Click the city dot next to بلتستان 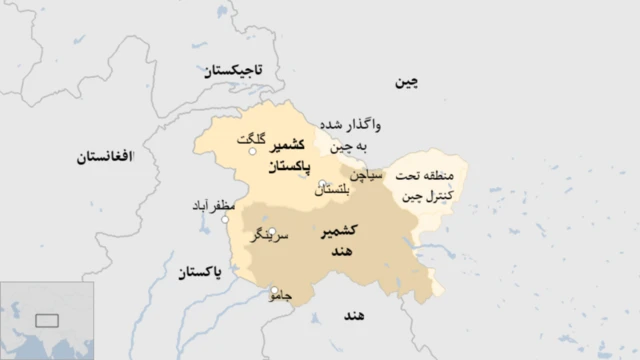click(322, 185)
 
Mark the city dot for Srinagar click(271, 231)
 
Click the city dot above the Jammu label click(274, 290)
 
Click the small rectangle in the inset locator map click(46, 321)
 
